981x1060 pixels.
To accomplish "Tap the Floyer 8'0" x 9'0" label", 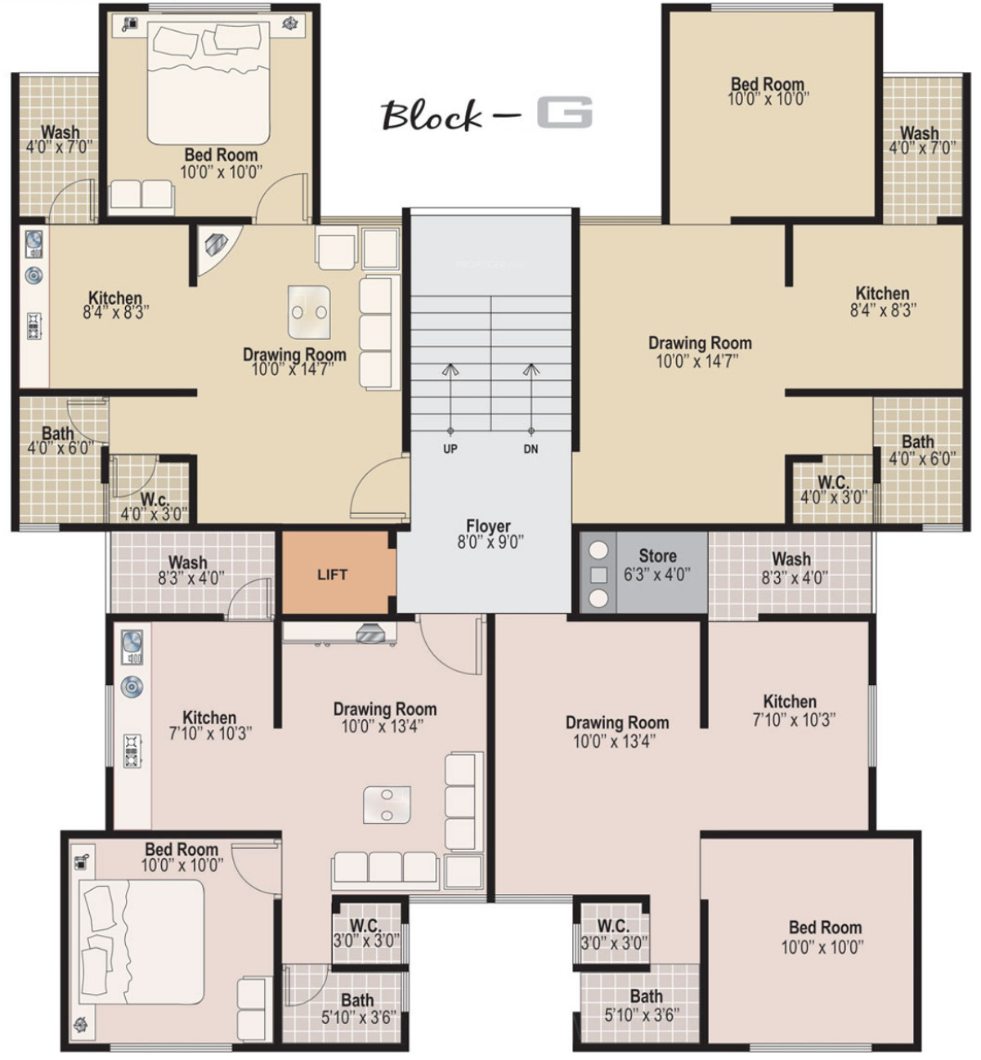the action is (490, 534).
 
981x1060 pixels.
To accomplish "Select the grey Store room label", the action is (657, 565).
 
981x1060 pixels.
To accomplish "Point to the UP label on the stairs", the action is (450, 449).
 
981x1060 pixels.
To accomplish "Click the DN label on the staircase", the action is (531, 449).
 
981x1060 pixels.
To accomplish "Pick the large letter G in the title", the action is (564, 112).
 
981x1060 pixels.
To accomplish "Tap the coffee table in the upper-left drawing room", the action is (309, 311).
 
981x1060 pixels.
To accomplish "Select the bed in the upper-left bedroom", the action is (208, 83).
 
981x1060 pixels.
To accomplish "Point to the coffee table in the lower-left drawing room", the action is (387, 804).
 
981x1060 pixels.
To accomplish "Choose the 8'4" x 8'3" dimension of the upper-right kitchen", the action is (883, 310).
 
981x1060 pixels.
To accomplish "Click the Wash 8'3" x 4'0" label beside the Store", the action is (794, 568).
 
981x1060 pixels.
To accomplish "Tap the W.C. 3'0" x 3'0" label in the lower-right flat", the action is (614, 934).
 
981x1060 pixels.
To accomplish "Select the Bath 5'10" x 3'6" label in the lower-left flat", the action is (358, 1009).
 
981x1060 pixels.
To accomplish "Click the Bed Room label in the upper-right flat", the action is (768, 91).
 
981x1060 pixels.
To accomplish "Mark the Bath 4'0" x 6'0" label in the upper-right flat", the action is (921, 449).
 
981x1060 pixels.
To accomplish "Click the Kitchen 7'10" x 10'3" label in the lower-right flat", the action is (792, 710).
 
